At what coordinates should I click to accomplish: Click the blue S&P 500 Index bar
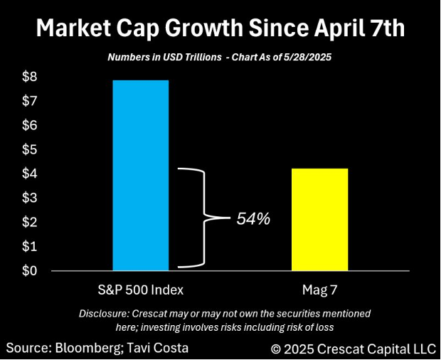[141, 175]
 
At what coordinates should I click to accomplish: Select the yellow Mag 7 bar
[320, 219]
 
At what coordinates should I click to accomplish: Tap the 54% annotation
[253, 219]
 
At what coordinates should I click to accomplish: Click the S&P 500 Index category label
[141, 290]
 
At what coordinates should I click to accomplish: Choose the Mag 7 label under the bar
[320, 290]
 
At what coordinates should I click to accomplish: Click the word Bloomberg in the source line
[83, 348]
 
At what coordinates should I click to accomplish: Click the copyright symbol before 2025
[277, 349]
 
